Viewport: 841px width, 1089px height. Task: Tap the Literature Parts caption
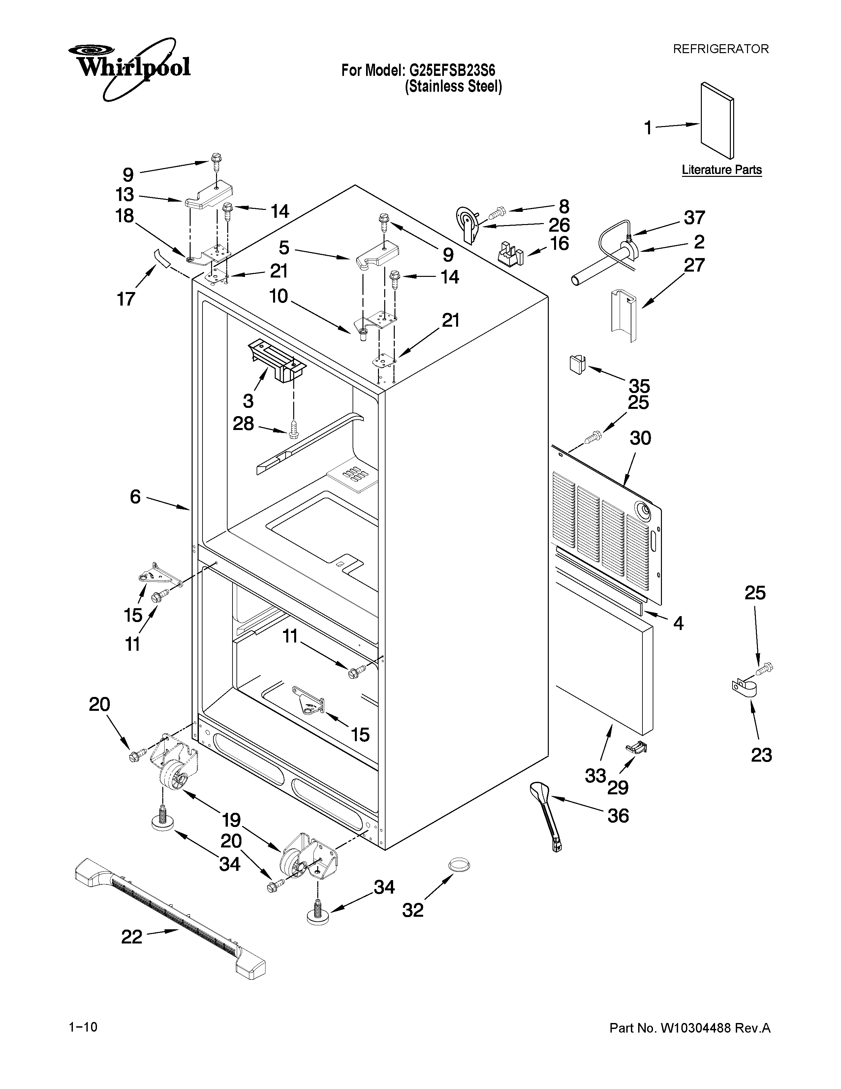721,170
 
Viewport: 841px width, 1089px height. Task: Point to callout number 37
694,218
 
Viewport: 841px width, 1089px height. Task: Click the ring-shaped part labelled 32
459,865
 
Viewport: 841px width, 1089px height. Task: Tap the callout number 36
618,816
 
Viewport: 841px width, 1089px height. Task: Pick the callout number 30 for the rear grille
640,438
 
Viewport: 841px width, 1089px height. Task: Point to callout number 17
126,299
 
